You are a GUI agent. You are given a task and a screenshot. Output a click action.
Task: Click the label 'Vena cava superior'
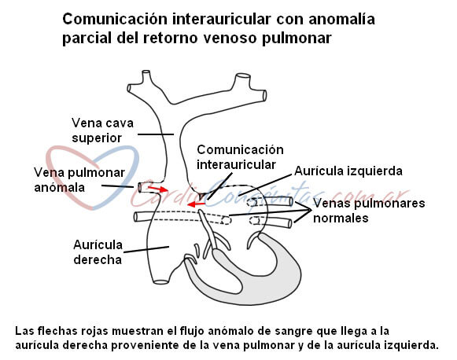tap(102, 130)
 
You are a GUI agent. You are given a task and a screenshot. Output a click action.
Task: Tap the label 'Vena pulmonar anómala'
tap(79, 180)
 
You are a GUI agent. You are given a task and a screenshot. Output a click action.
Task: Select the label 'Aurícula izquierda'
tap(348, 171)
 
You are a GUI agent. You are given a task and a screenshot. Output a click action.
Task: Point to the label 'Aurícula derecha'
tap(98, 252)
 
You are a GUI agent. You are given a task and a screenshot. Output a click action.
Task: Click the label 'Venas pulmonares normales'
tap(369, 211)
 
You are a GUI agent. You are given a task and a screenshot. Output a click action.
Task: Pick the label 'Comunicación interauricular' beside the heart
tap(240, 157)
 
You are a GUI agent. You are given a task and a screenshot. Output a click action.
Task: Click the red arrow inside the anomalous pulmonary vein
tap(158, 189)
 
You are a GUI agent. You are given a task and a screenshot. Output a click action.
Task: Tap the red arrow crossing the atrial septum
tap(196, 204)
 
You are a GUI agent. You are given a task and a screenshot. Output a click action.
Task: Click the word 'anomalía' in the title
tap(341, 19)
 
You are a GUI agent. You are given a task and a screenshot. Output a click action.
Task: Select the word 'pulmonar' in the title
tap(297, 39)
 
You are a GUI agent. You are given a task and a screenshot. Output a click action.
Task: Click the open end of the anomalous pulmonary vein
tap(140, 187)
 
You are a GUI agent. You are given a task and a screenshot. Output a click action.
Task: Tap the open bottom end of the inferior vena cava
tap(161, 281)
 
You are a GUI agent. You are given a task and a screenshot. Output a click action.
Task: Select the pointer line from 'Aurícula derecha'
tap(146, 249)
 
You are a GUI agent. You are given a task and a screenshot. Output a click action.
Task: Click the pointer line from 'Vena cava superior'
tap(156, 134)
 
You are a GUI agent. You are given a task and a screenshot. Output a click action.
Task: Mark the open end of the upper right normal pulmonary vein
tap(291, 201)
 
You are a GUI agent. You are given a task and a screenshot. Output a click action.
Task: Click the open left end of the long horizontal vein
tap(136, 217)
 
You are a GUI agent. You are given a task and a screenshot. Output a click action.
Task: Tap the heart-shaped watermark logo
tap(93, 178)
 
